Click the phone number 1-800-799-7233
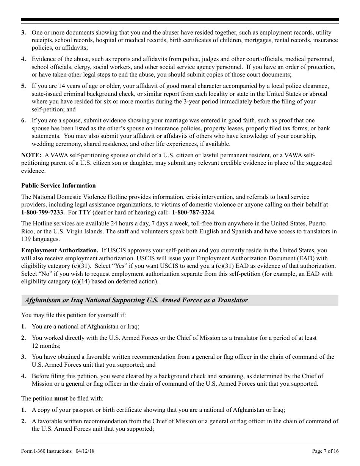(42, 212)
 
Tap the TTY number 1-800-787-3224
(193, 212)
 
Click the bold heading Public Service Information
(58, 186)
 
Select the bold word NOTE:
(31, 155)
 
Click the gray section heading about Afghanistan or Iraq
(136, 300)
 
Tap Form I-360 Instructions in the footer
(46, 451)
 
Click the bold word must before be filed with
(61, 399)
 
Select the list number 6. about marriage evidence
(23, 120)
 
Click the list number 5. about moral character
(23, 86)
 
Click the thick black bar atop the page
(180, 20)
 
